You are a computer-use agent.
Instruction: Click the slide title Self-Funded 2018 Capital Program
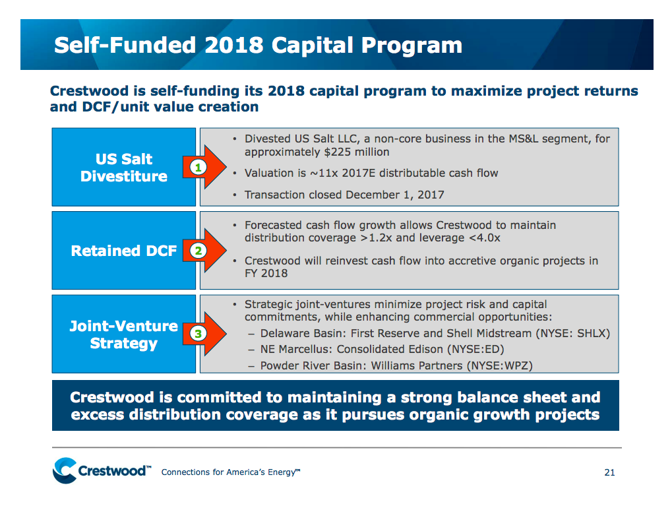258,45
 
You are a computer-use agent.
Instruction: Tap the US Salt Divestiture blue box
124,168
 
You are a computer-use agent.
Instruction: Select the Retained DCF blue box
124,251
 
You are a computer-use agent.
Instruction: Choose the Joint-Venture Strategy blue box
124,334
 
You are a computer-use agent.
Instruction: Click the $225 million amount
359,152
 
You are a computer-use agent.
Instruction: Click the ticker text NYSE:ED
473,350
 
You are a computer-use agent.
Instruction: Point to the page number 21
609,472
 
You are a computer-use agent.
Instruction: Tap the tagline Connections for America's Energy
231,472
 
